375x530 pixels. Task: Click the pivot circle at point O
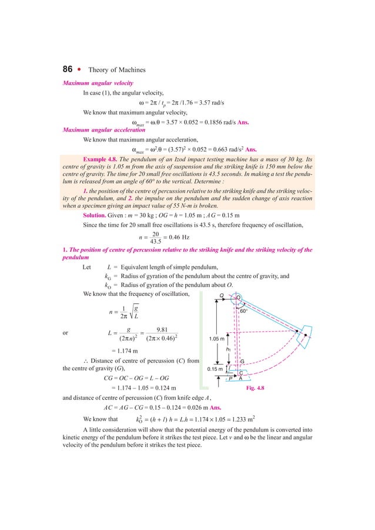tap(239, 298)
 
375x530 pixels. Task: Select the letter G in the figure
tap(242, 362)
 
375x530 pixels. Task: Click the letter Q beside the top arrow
tap(221, 295)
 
